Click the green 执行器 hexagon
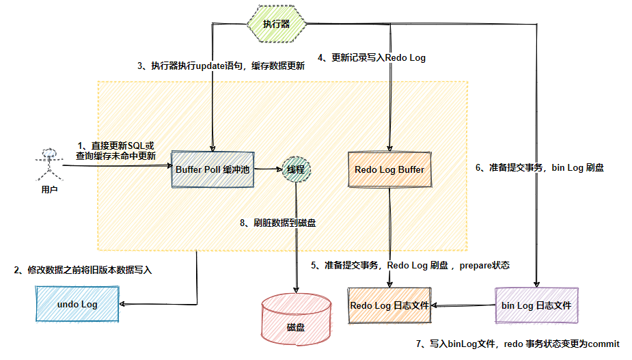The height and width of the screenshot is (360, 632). (x=277, y=23)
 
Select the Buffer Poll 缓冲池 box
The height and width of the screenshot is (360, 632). (x=212, y=169)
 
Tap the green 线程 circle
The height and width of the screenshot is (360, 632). (x=296, y=169)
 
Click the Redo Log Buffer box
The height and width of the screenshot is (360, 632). (x=389, y=169)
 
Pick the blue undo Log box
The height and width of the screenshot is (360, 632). (x=77, y=304)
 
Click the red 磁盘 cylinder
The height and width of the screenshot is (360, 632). (x=296, y=320)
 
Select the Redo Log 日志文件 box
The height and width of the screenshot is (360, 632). (x=389, y=305)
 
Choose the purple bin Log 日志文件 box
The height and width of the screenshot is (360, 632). (x=536, y=305)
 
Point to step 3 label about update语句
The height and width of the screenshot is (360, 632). (x=221, y=66)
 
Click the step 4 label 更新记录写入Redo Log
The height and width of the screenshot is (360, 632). (x=372, y=58)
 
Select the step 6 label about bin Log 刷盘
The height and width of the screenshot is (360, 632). (x=539, y=167)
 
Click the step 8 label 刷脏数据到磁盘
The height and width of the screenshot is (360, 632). (x=277, y=223)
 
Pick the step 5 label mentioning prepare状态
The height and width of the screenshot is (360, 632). (x=410, y=265)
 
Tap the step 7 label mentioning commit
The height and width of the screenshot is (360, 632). (x=517, y=344)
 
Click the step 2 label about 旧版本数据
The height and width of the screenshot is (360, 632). (x=83, y=271)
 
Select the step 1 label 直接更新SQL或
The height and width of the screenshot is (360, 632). (x=116, y=146)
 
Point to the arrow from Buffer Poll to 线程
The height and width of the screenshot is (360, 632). (x=268, y=169)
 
